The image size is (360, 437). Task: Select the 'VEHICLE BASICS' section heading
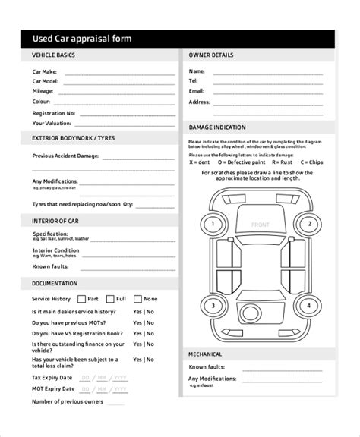click(53, 55)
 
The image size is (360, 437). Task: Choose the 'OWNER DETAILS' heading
click(211, 55)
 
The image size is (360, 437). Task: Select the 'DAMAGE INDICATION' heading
click(217, 127)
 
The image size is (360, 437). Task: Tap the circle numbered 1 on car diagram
click(214, 224)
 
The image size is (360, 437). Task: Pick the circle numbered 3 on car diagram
click(214, 307)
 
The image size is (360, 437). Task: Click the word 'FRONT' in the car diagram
click(261, 225)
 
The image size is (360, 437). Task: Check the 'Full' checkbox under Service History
click(110, 299)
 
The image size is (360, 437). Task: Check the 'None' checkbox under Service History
click(137, 299)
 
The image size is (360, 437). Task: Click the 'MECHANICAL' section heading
click(206, 354)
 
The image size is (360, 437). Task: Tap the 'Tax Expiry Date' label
click(52, 377)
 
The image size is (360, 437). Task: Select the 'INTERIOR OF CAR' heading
click(55, 220)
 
